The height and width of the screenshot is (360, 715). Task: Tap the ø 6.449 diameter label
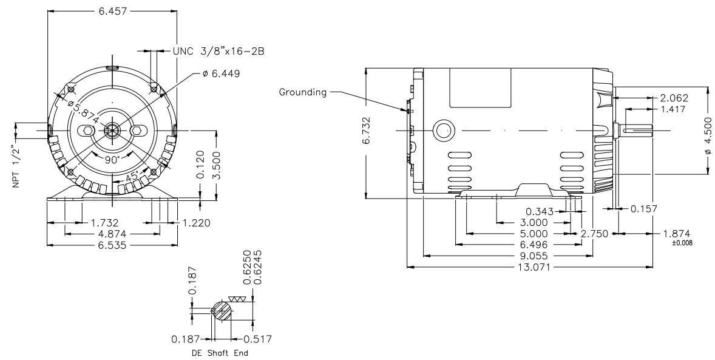(222, 73)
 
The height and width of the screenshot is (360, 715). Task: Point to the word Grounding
(303, 92)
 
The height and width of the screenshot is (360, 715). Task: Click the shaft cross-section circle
(221, 312)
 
